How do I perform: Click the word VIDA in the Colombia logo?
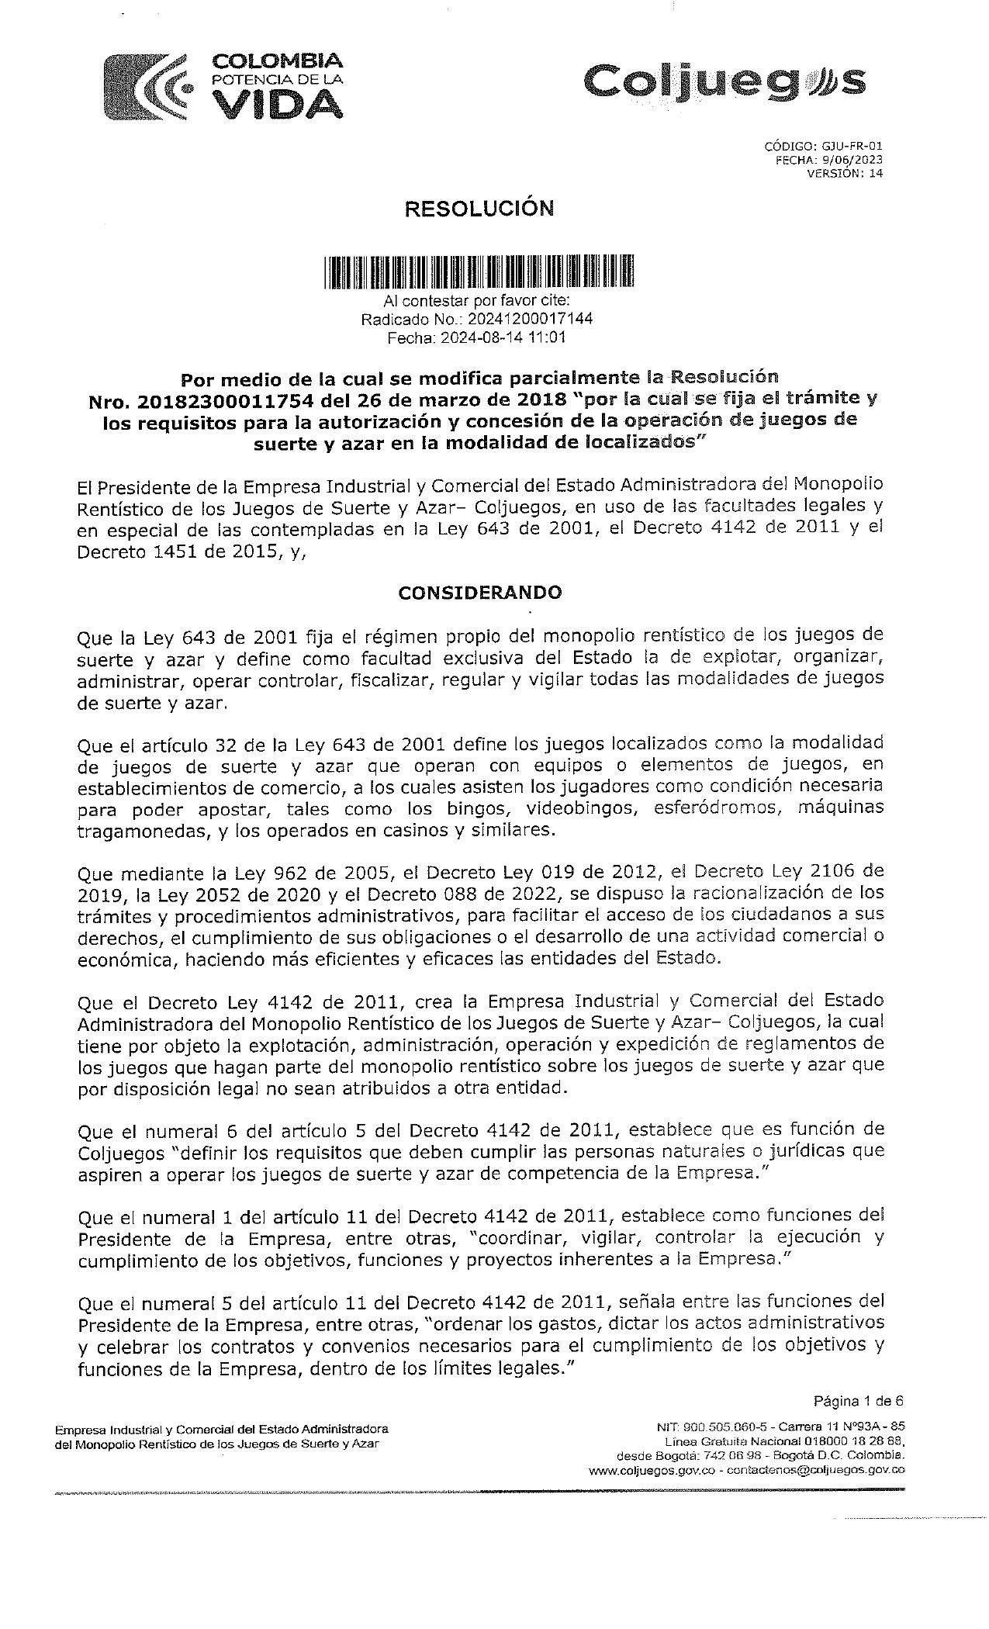277,103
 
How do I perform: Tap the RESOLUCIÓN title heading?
482,208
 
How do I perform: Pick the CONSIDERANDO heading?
479,593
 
